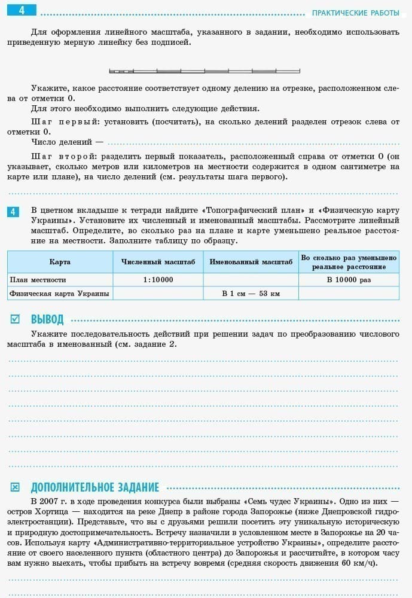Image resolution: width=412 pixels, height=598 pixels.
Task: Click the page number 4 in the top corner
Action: (22, 11)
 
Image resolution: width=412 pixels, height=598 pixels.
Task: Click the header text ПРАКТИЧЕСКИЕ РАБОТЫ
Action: (355, 13)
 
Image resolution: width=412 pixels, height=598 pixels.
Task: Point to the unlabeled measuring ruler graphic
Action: (205, 71)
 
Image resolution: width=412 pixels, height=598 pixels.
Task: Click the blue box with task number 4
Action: (14, 212)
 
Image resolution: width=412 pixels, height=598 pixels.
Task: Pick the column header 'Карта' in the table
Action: (60, 262)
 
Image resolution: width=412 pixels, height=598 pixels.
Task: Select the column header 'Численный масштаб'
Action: (158, 262)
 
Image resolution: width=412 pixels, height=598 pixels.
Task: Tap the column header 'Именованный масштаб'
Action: (251, 262)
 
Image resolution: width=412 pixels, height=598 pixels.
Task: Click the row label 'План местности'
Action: (38, 279)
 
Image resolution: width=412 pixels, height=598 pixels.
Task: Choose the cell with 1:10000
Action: (158, 279)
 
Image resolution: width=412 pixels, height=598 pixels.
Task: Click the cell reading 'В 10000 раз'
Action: (349, 279)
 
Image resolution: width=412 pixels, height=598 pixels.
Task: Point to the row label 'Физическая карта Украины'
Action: (59, 293)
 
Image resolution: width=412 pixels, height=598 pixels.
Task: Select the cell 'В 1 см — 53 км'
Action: (251, 293)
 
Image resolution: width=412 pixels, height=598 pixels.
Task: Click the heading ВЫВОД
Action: (47, 319)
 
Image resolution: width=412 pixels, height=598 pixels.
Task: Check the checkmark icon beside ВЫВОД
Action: (16, 319)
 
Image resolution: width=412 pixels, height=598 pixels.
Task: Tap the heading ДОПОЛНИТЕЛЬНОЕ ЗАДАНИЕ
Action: (94, 487)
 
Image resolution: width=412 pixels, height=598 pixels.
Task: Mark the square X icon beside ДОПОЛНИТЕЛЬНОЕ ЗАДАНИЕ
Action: (16, 487)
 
